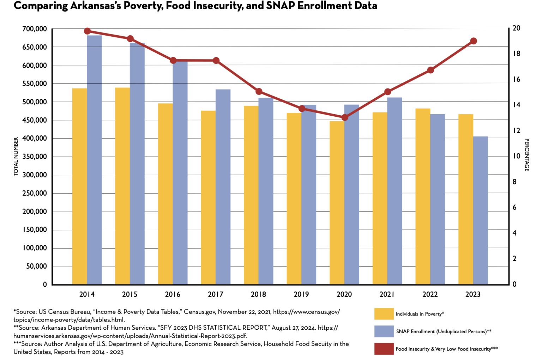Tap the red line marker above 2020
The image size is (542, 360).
pyautogui.click(x=345, y=117)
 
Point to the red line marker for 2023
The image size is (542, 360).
pyautogui.click(x=474, y=41)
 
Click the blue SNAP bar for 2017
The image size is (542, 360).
pyautogui.click(x=223, y=187)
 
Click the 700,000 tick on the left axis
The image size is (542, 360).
pyautogui.click(x=35, y=29)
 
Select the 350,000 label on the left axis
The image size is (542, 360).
pyautogui.click(x=35, y=157)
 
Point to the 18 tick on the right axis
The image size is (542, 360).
pyautogui.click(x=517, y=54)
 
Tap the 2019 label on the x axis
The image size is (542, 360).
pyautogui.click(x=301, y=294)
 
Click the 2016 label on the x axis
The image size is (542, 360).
pyautogui.click(x=173, y=294)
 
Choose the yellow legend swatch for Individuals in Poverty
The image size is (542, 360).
pyautogui.click(x=384, y=314)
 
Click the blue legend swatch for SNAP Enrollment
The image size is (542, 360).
pyautogui.click(x=384, y=331)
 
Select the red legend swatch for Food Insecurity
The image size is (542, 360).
pyautogui.click(x=384, y=349)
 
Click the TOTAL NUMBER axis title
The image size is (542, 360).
pyautogui.click(x=16, y=157)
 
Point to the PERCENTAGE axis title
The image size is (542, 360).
pyautogui.click(x=526, y=155)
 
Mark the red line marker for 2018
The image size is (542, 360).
pyautogui.click(x=259, y=92)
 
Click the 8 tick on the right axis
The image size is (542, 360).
pyautogui.click(x=514, y=182)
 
